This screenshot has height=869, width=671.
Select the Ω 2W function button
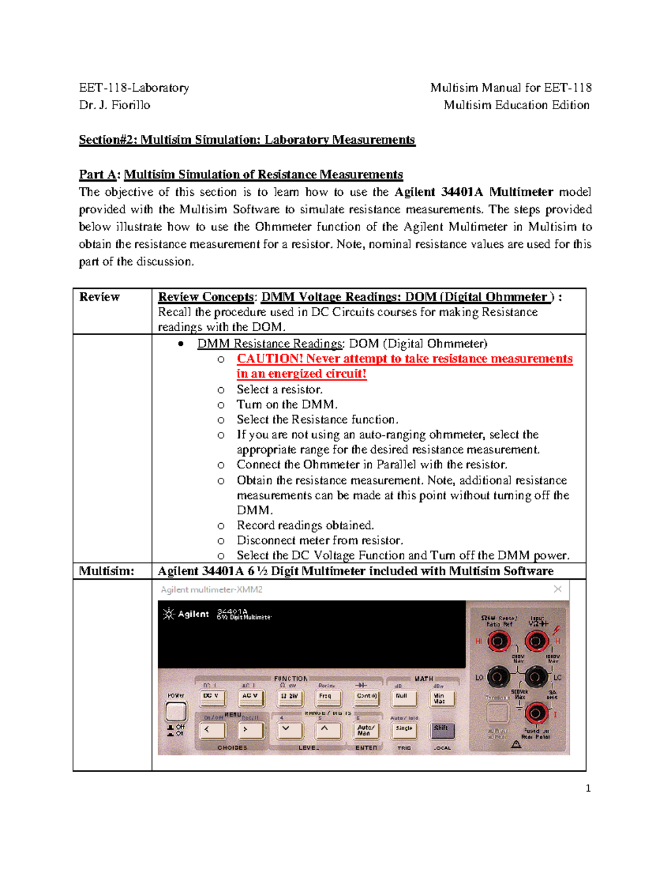(x=289, y=697)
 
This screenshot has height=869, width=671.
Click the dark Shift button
(x=442, y=729)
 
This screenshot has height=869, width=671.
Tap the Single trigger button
(x=404, y=729)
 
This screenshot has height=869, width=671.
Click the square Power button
(x=176, y=711)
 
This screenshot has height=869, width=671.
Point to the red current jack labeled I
(x=536, y=713)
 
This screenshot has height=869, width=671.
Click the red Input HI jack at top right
(x=536, y=641)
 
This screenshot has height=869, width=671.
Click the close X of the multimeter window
(x=557, y=589)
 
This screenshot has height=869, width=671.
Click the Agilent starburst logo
(x=168, y=614)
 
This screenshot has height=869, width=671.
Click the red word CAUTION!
(x=270, y=359)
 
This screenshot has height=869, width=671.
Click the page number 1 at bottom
(x=588, y=788)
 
